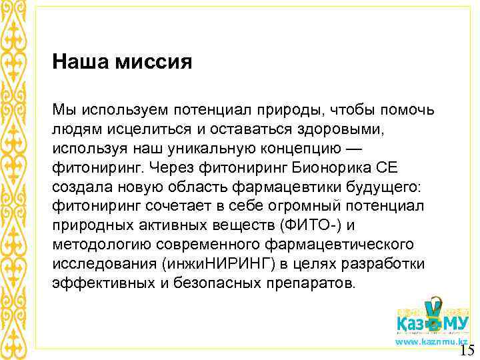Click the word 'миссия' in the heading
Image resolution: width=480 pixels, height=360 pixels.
154,63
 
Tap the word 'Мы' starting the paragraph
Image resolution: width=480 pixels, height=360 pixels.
62,109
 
